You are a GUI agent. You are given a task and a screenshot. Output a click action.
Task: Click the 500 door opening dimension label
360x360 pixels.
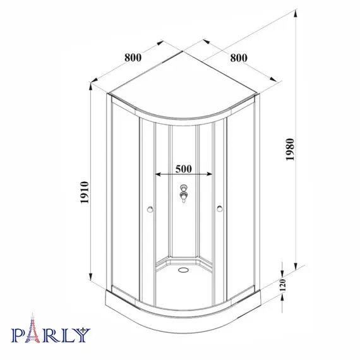183,169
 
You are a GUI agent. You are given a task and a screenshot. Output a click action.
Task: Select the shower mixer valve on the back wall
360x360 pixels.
184,193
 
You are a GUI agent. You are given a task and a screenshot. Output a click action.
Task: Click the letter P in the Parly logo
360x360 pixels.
18,334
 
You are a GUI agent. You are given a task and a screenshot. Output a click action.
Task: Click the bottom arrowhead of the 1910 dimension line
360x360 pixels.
92,289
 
